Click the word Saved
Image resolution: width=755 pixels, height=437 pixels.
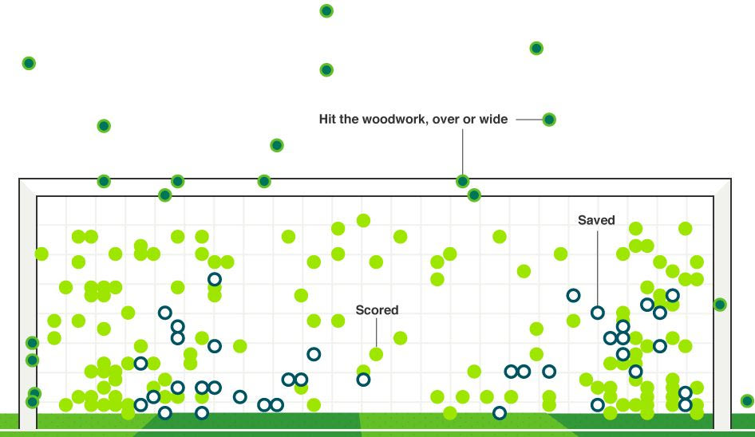[x=596, y=220]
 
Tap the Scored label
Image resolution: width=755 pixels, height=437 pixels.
[x=377, y=310]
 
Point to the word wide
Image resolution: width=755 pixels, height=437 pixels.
[x=493, y=120]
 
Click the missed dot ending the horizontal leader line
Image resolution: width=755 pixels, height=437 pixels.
[x=549, y=120]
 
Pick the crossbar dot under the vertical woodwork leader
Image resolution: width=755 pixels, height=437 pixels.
[x=462, y=181]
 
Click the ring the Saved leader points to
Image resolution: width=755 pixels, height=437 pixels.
[x=598, y=313]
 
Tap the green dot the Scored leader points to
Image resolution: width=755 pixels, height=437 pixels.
[x=376, y=354]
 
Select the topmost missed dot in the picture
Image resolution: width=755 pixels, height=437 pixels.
[x=326, y=11]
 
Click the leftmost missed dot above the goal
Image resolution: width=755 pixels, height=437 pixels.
[x=29, y=63]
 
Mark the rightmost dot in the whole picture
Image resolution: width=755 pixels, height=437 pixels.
[x=747, y=401]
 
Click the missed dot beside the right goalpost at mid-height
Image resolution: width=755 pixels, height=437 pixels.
[x=720, y=305]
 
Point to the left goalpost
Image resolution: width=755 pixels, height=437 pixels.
[x=28, y=303]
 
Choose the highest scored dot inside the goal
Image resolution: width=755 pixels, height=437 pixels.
[x=363, y=220]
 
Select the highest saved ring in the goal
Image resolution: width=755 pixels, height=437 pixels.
[x=215, y=279]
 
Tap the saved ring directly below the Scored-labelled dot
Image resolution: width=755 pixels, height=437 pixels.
[x=363, y=380]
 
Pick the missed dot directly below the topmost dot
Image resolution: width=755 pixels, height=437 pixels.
[x=326, y=70]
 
